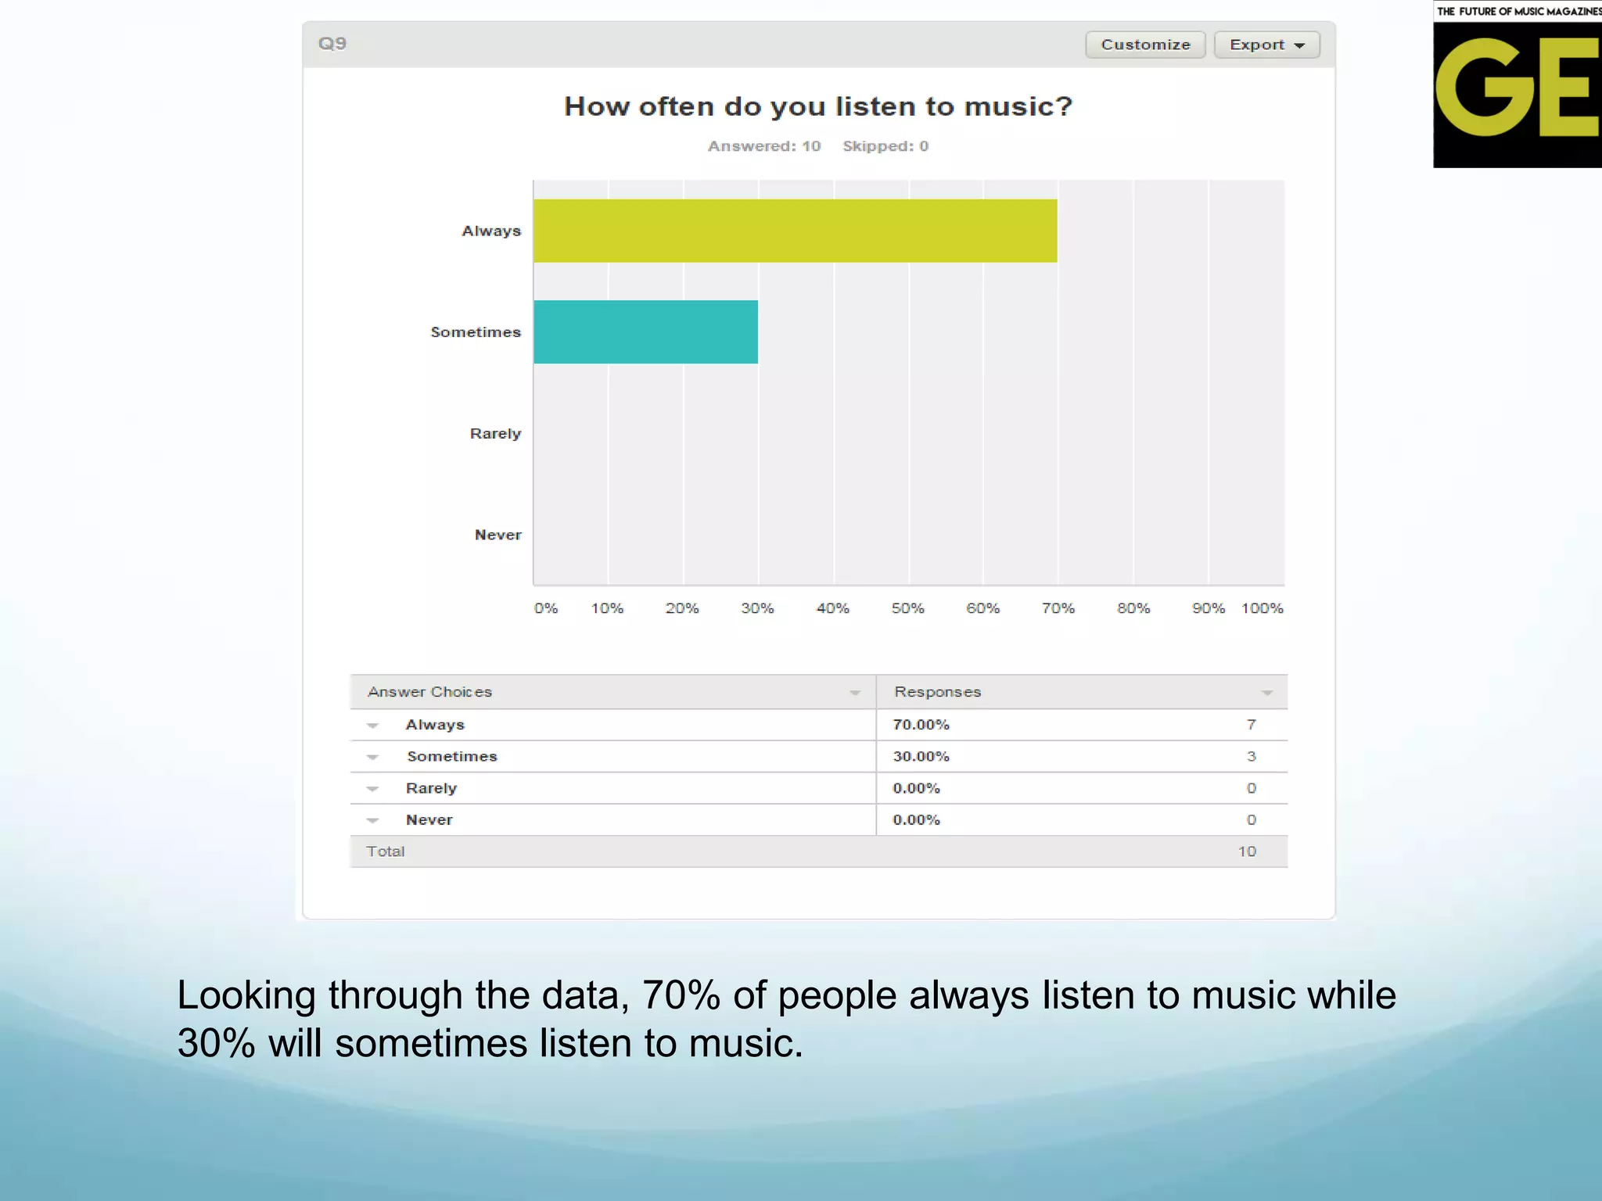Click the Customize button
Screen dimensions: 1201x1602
1145,45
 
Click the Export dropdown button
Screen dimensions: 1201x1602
1266,45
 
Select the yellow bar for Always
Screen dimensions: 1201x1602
795,231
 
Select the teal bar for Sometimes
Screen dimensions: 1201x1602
645,332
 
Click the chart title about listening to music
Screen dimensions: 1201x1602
817,106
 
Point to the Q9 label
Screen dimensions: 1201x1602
332,44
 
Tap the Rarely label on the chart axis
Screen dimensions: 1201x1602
495,433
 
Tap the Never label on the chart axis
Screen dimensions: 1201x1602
497,535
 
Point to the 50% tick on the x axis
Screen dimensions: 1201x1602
907,608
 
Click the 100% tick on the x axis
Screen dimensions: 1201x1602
1262,608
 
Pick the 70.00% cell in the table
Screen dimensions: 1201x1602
921,725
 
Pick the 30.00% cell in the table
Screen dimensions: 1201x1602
921,756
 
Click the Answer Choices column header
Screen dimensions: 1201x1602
429,692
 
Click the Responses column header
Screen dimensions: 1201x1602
937,692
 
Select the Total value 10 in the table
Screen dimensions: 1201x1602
1247,851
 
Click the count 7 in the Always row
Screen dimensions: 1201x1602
1251,725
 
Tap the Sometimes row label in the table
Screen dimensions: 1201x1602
451,756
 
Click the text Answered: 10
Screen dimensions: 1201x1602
763,146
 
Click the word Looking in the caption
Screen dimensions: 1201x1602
246,995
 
